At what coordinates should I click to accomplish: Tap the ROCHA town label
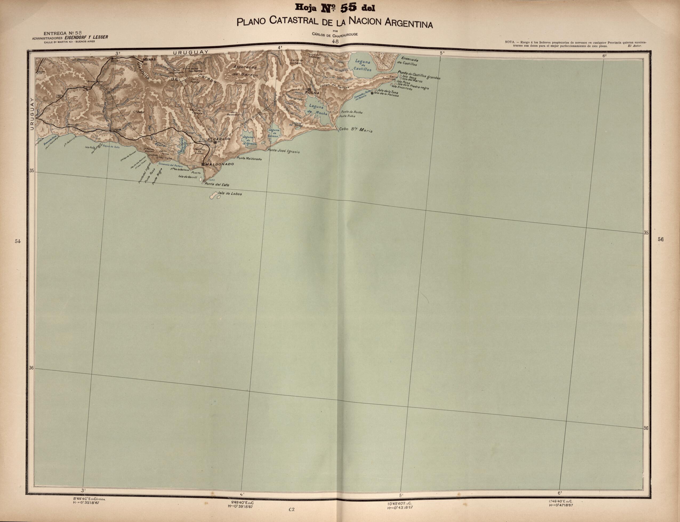pos(312,92)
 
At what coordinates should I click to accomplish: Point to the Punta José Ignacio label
pos(284,151)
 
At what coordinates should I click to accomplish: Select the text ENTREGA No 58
pos(59,33)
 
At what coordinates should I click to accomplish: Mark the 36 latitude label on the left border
pos(31,368)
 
